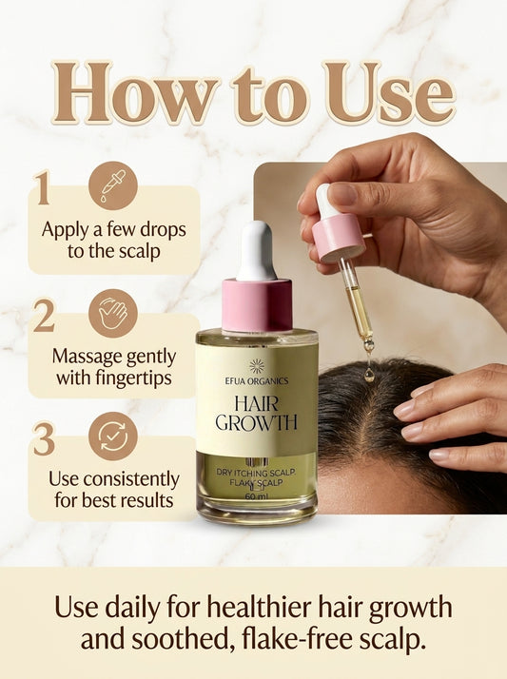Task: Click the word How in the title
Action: (119, 96)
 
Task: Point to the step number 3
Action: (43, 438)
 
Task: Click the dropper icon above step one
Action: (113, 186)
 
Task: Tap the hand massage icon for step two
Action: (113, 313)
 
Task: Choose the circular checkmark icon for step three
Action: (113, 436)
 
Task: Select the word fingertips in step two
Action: (138, 378)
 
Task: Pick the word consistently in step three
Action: (130, 478)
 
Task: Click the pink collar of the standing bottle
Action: (256, 304)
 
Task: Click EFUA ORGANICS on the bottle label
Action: (256, 380)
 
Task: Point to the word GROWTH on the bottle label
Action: (257, 422)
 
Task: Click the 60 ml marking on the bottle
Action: (256, 495)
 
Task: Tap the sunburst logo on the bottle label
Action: (256, 365)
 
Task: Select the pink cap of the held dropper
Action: (339, 238)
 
